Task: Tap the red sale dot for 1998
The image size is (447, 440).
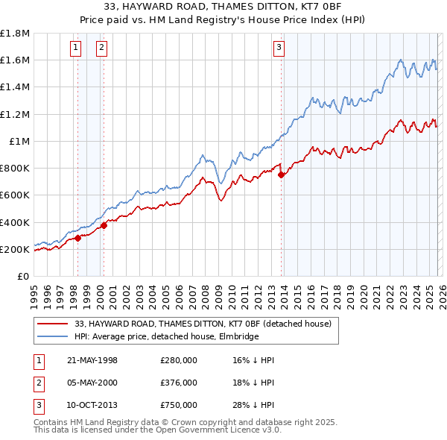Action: pyautogui.click(x=77, y=239)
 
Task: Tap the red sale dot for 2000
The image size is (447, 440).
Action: pyautogui.click(x=104, y=225)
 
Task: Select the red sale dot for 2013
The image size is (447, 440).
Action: pyautogui.click(x=281, y=175)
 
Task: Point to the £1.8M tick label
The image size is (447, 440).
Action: pyautogui.click(x=15, y=34)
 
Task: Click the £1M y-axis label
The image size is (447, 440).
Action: pyautogui.click(x=19, y=141)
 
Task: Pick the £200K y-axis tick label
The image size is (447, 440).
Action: pyautogui.click(x=15, y=249)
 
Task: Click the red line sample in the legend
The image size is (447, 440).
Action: pyautogui.click(x=53, y=323)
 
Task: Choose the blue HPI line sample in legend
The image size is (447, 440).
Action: pyautogui.click(x=53, y=336)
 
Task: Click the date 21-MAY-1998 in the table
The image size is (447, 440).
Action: pyautogui.click(x=92, y=360)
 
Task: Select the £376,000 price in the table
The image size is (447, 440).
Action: pyautogui.click(x=179, y=383)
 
